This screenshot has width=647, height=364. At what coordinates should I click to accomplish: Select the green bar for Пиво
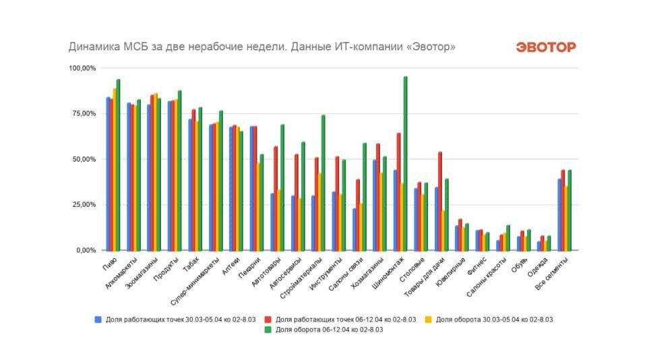[118, 165]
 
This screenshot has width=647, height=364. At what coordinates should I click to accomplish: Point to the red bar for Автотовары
[276, 198]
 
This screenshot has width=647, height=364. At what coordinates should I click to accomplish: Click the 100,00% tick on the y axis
[82, 68]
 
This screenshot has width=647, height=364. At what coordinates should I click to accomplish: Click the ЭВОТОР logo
[546, 47]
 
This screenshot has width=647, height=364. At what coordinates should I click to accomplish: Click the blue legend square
[98, 319]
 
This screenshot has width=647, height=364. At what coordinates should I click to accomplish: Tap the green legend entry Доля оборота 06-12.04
[330, 330]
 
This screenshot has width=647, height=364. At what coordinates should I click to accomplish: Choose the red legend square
[269, 319]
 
